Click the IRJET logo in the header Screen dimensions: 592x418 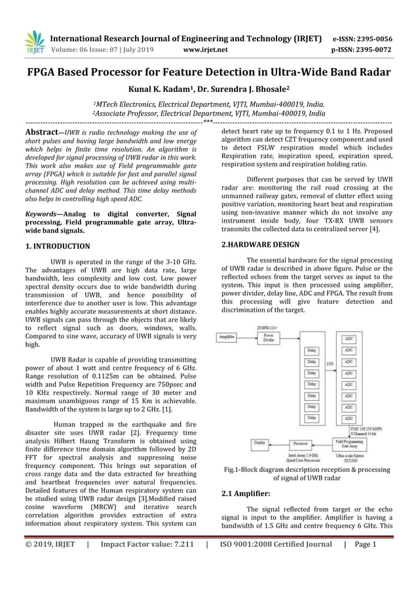pos(35,41)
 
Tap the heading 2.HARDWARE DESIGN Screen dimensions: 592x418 pos(261,244)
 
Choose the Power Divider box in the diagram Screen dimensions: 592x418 pos(269,337)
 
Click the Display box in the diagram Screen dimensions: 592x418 pos(260,443)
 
